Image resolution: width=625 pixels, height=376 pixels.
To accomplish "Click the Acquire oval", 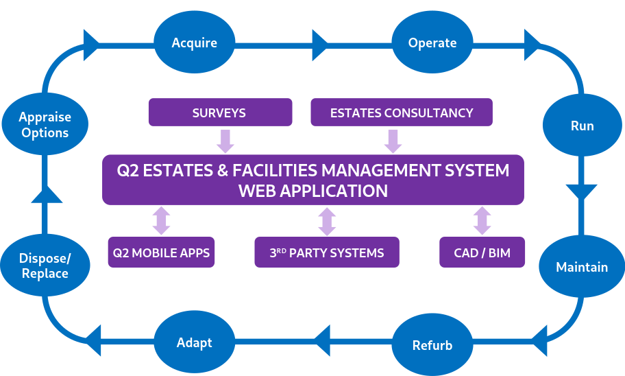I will [x=195, y=43].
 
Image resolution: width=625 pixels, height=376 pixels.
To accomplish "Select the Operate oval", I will [x=432, y=43].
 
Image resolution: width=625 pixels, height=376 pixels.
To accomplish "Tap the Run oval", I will [x=582, y=126].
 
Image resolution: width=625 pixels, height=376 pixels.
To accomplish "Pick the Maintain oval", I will [x=582, y=267].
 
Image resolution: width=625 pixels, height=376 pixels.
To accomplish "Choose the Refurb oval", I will [x=432, y=345].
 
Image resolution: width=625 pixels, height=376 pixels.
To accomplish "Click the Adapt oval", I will [x=195, y=342].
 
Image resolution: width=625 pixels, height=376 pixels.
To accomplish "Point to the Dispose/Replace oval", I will [x=45, y=266].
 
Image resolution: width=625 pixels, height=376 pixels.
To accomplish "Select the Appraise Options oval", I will [x=45, y=125].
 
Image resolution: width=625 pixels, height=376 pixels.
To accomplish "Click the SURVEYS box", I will [x=220, y=113].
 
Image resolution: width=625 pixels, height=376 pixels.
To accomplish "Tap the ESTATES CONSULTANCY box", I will [x=402, y=113].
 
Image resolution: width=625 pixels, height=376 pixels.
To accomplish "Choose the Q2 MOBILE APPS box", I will [x=162, y=252].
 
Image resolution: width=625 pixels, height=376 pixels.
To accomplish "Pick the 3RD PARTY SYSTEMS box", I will [x=326, y=252].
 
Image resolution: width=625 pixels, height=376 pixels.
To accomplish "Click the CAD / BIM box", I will [x=482, y=252].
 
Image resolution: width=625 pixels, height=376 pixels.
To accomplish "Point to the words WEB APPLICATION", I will [x=312, y=191].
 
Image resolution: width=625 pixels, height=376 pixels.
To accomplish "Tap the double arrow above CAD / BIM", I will [x=482, y=221].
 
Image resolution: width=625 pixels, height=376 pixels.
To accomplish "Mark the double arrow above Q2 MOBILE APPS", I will [x=162, y=221].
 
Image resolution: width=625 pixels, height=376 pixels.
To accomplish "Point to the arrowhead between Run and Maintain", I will [x=582, y=191].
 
